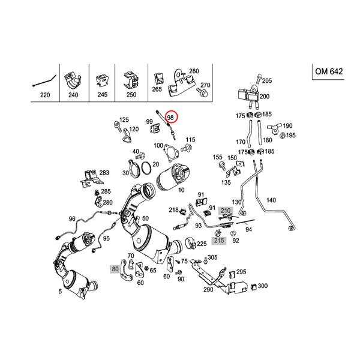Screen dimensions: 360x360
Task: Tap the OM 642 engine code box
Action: (329, 71)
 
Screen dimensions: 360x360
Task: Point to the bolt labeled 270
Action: (203, 94)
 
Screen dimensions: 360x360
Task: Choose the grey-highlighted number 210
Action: (226, 211)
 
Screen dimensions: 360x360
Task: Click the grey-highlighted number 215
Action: (219, 241)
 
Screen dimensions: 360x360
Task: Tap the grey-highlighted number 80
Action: (114, 269)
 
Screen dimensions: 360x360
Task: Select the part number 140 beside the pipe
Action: (271, 200)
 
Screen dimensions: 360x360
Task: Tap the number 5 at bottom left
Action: (59, 292)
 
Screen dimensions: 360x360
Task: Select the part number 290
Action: (208, 289)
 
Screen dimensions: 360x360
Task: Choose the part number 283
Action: (104, 173)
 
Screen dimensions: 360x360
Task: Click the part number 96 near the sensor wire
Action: (73, 219)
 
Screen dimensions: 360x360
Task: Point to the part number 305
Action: (213, 257)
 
